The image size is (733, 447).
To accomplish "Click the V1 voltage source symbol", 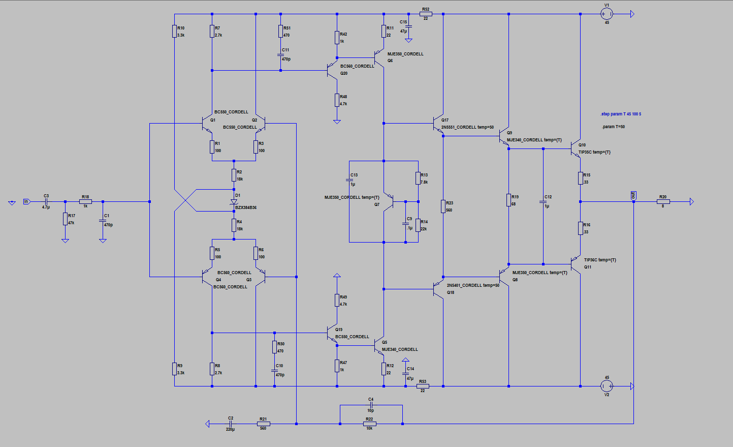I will pyautogui.click(x=607, y=14).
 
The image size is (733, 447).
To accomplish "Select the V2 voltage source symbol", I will pyautogui.click(x=607, y=386).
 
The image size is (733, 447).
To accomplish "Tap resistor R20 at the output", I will pyautogui.click(x=663, y=202).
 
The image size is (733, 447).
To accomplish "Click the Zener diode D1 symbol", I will pyautogui.click(x=234, y=202).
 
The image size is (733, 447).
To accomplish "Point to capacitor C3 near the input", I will pyautogui.click(x=46, y=202).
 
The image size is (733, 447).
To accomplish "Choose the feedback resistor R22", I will pyautogui.click(x=370, y=424).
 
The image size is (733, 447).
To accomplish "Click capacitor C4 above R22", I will pyautogui.click(x=371, y=405).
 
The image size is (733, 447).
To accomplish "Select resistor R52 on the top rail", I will pyautogui.click(x=426, y=14).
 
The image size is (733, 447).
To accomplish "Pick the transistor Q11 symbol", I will pyautogui.click(x=576, y=264).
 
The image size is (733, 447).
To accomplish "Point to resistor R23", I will pyautogui.click(x=443, y=206).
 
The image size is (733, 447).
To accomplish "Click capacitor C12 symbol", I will pyautogui.click(x=543, y=202).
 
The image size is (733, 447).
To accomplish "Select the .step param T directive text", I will pyautogui.click(x=620, y=114).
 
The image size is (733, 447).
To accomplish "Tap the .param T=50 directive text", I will pyautogui.click(x=613, y=127).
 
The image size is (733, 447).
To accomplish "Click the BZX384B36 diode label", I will pyautogui.click(x=246, y=207).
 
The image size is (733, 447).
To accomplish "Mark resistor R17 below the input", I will pyautogui.click(x=65, y=219).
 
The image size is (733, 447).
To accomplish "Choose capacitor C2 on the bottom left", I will pyautogui.click(x=230, y=424).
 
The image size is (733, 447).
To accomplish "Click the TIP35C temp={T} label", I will pyautogui.click(x=594, y=152).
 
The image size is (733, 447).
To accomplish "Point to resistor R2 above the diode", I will pyautogui.click(x=234, y=175).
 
